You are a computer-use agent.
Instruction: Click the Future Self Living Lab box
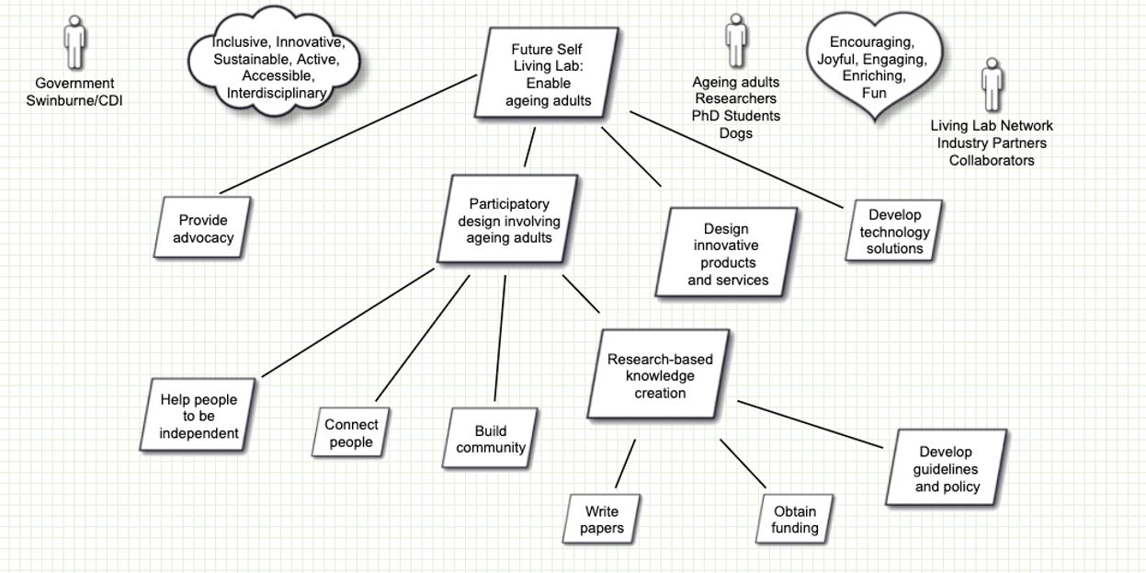point(548,74)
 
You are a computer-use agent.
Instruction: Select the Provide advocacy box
point(203,228)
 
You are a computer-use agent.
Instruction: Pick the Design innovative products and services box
point(726,254)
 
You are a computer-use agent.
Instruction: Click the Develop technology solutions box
point(894,231)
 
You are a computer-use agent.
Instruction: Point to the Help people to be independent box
point(199,416)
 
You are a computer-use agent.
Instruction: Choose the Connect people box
point(350,433)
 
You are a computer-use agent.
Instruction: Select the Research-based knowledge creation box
point(659,375)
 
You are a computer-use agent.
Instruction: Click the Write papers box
point(602,520)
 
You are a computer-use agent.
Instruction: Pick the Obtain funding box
point(795,520)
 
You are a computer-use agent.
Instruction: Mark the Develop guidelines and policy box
point(947,469)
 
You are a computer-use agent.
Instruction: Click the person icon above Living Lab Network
point(991,86)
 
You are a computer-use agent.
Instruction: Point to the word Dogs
point(735,133)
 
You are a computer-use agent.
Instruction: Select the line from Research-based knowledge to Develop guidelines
point(810,424)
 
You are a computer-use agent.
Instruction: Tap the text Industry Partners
point(991,143)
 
